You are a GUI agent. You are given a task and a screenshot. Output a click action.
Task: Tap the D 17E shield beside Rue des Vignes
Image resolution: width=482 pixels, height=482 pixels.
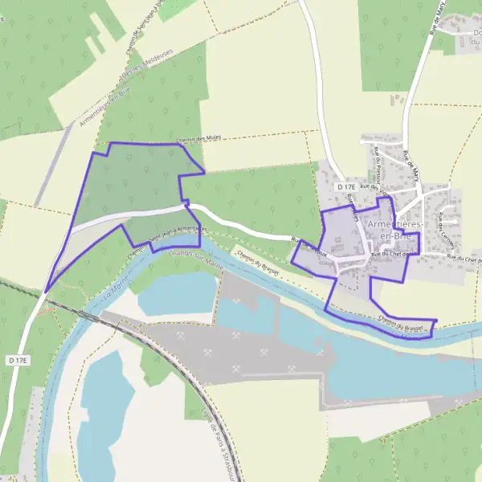[x=346, y=187]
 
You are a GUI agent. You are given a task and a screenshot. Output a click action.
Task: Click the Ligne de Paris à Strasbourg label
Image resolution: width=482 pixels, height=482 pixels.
[x=211, y=437]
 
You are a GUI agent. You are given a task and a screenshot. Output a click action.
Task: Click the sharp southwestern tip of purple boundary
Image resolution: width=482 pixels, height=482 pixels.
[x=46, y=292]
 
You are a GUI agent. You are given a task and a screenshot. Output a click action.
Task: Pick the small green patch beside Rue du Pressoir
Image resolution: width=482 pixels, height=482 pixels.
[x=394, y=100]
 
